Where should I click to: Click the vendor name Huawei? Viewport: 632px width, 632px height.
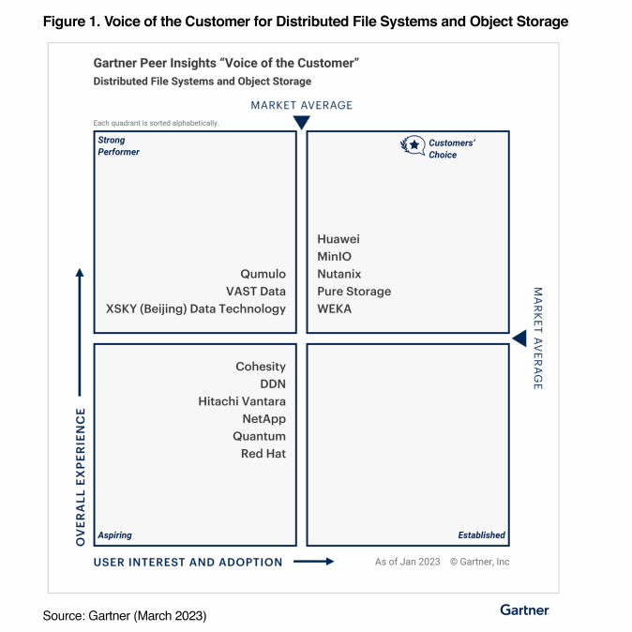[x=338, y=239]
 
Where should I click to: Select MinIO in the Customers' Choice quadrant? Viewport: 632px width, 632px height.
[x=334, y=257]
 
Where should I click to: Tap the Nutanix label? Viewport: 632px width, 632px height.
[x=339, y=274]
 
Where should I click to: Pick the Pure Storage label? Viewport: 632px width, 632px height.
[x=354, y=292]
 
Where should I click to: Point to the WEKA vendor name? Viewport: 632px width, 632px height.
[x=334, y=308]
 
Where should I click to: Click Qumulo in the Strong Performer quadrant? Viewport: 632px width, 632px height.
[x=263, y=274]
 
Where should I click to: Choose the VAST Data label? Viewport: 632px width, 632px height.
[x=256, y=292]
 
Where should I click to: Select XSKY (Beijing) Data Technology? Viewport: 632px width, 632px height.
[x=196, y=308]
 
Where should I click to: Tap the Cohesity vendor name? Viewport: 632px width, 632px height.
[x=261, y=367]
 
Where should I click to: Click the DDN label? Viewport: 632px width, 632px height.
[x=273, y=384]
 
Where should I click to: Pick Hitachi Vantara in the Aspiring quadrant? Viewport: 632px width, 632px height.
[x=242, y=401]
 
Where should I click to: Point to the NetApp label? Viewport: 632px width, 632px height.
[x=263, y=418]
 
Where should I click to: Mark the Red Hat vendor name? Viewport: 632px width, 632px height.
[x=263, y=454]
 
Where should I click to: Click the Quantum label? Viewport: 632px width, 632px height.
[x=260, y=436]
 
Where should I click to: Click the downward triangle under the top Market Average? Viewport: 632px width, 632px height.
[x=301, y=123]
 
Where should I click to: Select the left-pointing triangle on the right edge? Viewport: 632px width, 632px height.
[x=519, y=338]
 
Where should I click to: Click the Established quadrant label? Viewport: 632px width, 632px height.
[x=481, y=535]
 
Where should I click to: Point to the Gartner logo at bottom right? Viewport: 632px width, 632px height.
[x=524, y=610]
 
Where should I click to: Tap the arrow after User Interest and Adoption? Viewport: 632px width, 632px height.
[x=314, y=562]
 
